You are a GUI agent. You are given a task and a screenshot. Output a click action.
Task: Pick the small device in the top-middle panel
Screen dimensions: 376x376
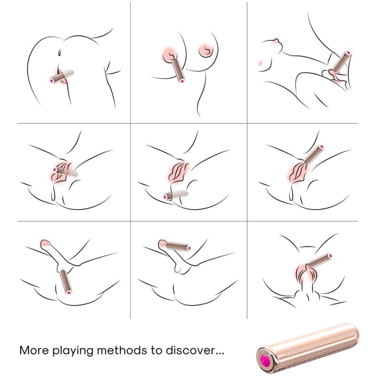pos(178,68)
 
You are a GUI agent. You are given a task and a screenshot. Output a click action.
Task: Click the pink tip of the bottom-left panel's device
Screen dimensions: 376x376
pos(69,293)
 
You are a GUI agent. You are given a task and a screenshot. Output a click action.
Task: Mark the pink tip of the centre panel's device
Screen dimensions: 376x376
pos(165,197)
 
